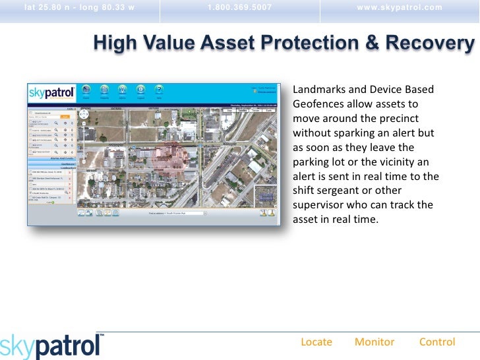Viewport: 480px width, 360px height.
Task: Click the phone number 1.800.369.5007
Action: (x=239, y=7)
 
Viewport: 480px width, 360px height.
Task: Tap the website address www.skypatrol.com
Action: (x=400, y=7)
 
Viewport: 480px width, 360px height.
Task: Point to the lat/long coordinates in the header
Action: (x=78, y=7)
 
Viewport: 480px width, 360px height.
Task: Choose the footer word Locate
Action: (x=316, y=342)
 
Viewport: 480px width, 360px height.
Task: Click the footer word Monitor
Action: (x=375, y=342)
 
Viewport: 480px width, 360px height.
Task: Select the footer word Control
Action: (x=437, y=342)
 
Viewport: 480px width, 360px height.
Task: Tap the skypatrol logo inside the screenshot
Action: (x=51, y=93)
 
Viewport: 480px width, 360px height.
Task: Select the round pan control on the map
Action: (x=84, y=113)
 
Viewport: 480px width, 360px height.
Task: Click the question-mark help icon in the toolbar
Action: (x=158, y=90)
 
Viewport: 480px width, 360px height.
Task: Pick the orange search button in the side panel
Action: (x=65, y=116)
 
